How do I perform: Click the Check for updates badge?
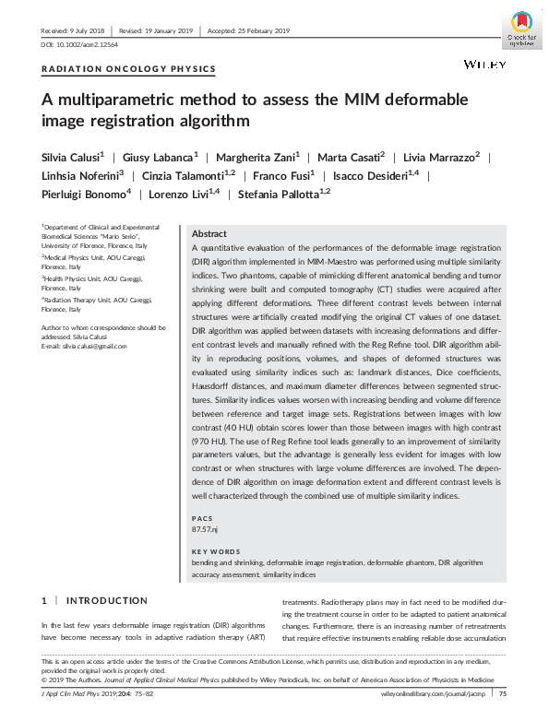[x=522, y=29]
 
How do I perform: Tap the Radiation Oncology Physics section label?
[x=129, y=69]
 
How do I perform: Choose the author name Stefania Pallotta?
[x=280, y=194]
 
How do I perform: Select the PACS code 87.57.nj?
[x=205, y=529]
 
